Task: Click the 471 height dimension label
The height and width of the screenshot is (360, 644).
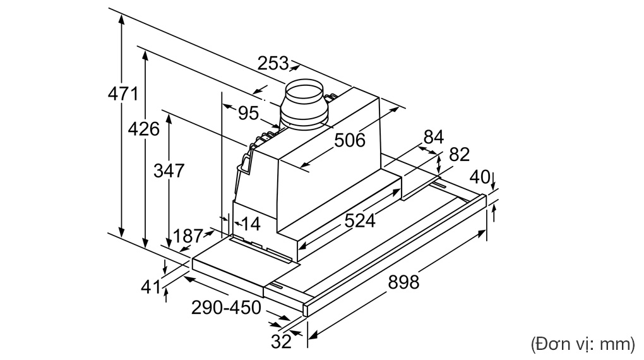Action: tap(122, 93)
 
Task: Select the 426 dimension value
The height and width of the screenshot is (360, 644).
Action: tap(143, 129)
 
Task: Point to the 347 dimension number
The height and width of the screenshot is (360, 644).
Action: tap(168, 170)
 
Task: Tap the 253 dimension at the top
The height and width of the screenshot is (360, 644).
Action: tap(273, 63)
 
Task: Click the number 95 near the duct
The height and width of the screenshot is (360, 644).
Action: tap(248, 113)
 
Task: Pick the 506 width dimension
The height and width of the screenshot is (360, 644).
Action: tap(350, 140)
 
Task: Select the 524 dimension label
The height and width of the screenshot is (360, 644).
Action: tap(359, 220)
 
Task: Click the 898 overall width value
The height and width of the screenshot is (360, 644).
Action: tap(402, 282)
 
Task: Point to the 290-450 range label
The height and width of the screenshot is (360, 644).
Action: tap(226, 308)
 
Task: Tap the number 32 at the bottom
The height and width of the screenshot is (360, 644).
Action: tap(281, 342)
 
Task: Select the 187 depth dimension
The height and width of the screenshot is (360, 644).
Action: tap(188, 236)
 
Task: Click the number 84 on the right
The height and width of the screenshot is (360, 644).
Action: tap(434, 136)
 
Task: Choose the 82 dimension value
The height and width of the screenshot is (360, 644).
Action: tap(460, 155)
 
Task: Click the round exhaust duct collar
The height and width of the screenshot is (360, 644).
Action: tap(305, 104)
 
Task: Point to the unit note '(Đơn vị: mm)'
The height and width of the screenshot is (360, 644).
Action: tap(581, 344)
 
